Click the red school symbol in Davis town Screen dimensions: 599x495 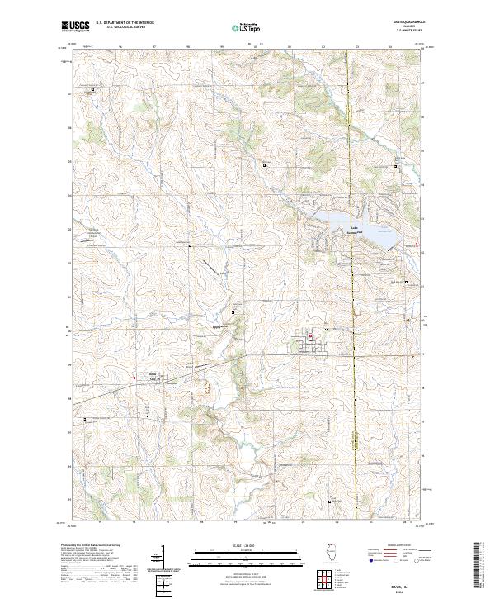point(310,336)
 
